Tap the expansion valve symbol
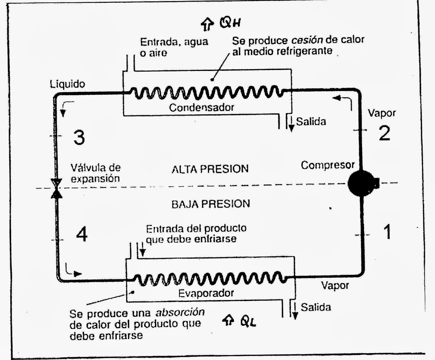click(57, 188)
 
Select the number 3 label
click(79, 137)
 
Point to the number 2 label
click(384, 133)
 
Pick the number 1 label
click(387, 232)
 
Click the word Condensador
click(201, 107)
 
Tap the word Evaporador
click(206, 293)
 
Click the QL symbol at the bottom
click(248, 322)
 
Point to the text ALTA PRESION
click(210, 169)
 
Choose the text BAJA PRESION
click(211, 204)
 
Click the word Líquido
click(67, 84)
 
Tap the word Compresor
click(328, 165)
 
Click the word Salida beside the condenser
click(311, 121)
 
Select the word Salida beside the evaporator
click(316, 307)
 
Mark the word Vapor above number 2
click(382, 113)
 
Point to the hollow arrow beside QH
click(207, 25)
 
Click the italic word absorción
click(180, 312)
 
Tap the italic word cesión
click(307, 40)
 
